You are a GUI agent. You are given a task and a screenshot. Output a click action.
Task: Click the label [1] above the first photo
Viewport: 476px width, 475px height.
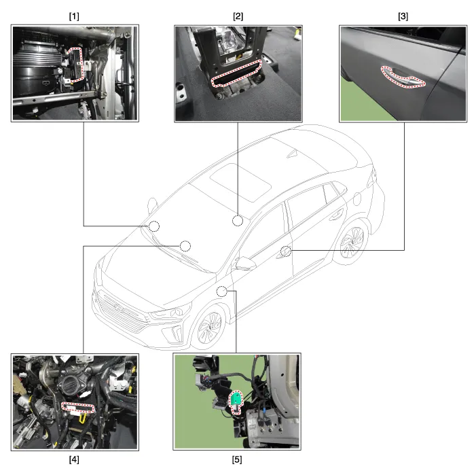tap(74, 16)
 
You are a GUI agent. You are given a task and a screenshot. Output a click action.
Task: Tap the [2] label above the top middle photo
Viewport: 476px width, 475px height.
tap(238, 16)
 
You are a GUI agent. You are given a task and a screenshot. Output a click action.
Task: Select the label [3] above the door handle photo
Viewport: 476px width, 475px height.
tap(403, 16)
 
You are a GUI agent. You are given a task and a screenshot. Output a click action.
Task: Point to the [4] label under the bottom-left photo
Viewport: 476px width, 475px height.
tap(74, 459)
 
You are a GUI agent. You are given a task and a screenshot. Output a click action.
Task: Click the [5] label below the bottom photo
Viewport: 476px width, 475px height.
tap(237, 459)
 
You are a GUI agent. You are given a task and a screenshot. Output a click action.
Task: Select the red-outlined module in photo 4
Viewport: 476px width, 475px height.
tap(78, 408)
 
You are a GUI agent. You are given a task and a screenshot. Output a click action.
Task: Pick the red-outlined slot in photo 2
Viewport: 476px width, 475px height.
tap(236, 73)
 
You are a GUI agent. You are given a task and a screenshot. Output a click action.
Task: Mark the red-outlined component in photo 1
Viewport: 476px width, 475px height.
tap(76, 65)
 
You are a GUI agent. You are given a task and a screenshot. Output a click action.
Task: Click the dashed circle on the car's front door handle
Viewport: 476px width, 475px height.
tap(286, 251)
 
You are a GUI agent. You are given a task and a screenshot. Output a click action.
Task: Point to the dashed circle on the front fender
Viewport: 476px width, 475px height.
tap(222, 292)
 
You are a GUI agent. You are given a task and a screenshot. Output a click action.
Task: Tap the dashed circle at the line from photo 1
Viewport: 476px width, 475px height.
tap(154, 226)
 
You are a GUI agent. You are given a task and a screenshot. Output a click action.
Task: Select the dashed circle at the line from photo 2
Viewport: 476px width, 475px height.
tap(238, 221)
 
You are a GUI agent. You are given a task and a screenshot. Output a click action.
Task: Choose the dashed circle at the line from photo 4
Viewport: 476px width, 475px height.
tap(185, 246)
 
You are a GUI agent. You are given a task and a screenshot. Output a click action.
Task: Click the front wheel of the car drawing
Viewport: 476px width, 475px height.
tap(209, 328)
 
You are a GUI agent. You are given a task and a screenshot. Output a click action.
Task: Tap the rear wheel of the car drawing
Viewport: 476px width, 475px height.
tap(352, 242)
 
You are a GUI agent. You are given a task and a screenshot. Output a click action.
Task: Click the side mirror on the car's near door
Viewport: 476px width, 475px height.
tap(245, 263)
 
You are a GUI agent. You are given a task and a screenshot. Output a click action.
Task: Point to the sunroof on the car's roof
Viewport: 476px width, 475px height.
tap(240, 183)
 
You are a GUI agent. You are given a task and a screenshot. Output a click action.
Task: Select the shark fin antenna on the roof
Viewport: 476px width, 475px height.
tap(293, 154)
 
